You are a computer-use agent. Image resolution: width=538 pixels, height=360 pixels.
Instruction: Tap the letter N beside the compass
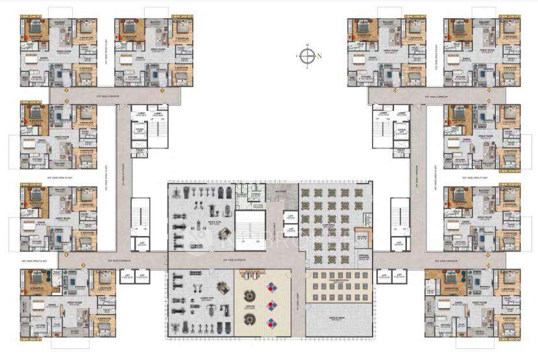coord(320,56)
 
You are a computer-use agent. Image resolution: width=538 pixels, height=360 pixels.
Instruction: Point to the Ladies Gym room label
coord(202,295)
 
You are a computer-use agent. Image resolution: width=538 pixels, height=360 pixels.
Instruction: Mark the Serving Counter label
coord(363,257)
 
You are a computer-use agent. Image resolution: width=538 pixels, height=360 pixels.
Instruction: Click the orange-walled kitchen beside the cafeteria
coord(363,237)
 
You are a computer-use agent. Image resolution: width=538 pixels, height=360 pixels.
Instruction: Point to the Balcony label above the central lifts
coord(280,192)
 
